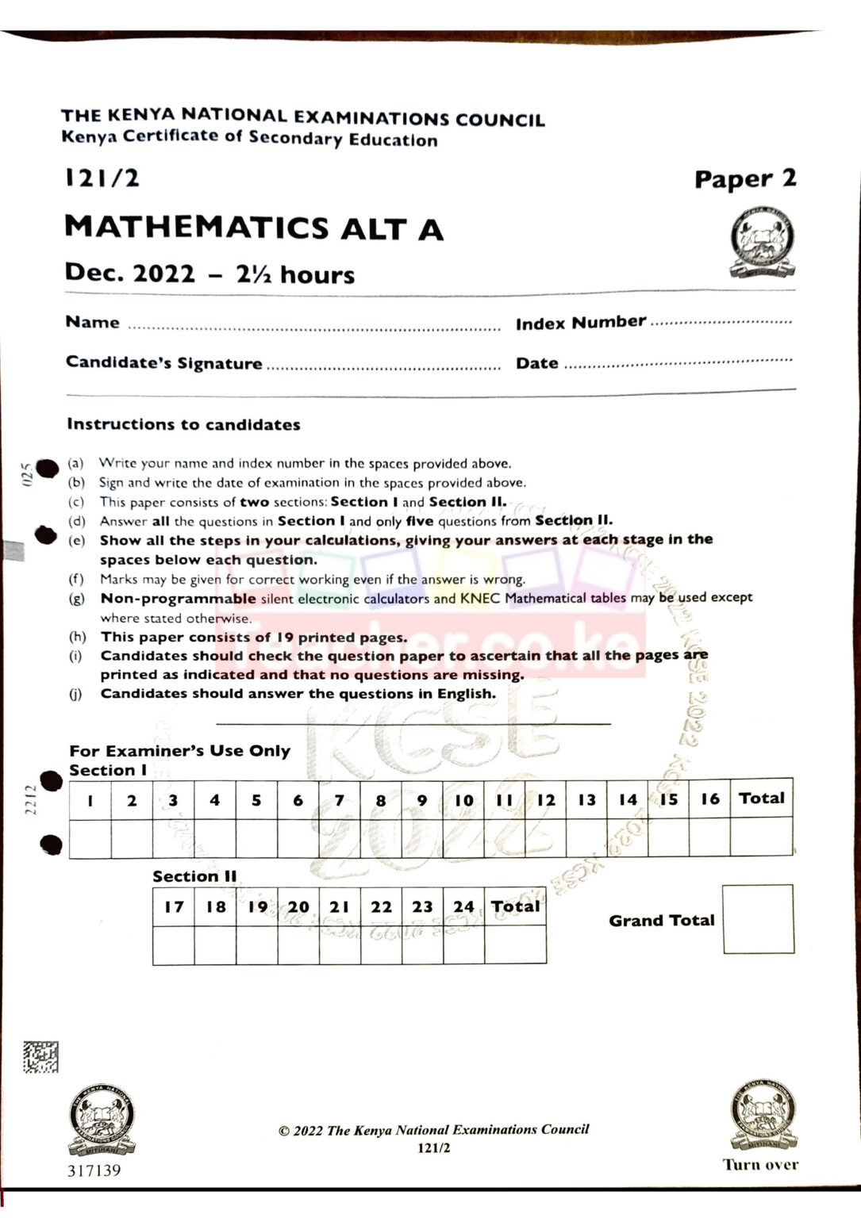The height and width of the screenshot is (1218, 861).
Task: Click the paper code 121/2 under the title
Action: tap(102, 178)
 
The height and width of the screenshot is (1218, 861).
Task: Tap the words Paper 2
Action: tap(744, 179)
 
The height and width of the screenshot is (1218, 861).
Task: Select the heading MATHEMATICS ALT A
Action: tap(253, 228)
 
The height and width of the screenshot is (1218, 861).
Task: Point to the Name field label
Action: tap(92, 322)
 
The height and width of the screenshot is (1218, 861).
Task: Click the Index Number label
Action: tap(580, 323)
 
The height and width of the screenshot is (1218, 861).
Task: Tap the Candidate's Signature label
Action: tap(163, 363)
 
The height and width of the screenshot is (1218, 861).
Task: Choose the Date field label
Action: tap(537, 363)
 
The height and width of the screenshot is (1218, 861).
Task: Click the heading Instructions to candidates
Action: tap(183, 424)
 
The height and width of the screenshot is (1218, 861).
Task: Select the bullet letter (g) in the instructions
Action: tap(76, 599)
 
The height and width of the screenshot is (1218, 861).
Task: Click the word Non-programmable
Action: tap(178, 599)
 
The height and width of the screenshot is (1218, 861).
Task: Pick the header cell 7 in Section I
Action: tap(339, 800)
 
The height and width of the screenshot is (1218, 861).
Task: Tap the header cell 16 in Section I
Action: tap(709, 799)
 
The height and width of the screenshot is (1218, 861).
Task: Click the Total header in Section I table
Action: tap(761, 799)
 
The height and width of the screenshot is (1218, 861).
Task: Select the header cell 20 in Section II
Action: tap(298, 906)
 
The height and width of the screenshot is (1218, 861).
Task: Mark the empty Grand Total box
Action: tap(758, 919)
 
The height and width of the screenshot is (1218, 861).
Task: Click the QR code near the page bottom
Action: tap(40, 1057)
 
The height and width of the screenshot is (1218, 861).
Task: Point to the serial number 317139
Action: tap(94, 1170)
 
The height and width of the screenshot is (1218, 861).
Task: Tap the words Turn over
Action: tap(760, 1165)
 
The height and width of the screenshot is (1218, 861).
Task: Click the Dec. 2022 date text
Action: tap(129, 274)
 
